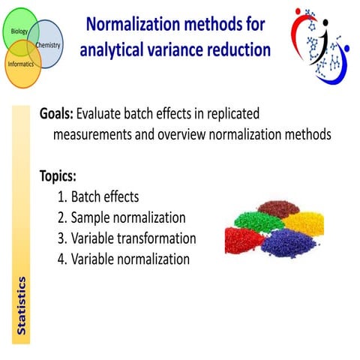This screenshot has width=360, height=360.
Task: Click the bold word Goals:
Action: point(61,115)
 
